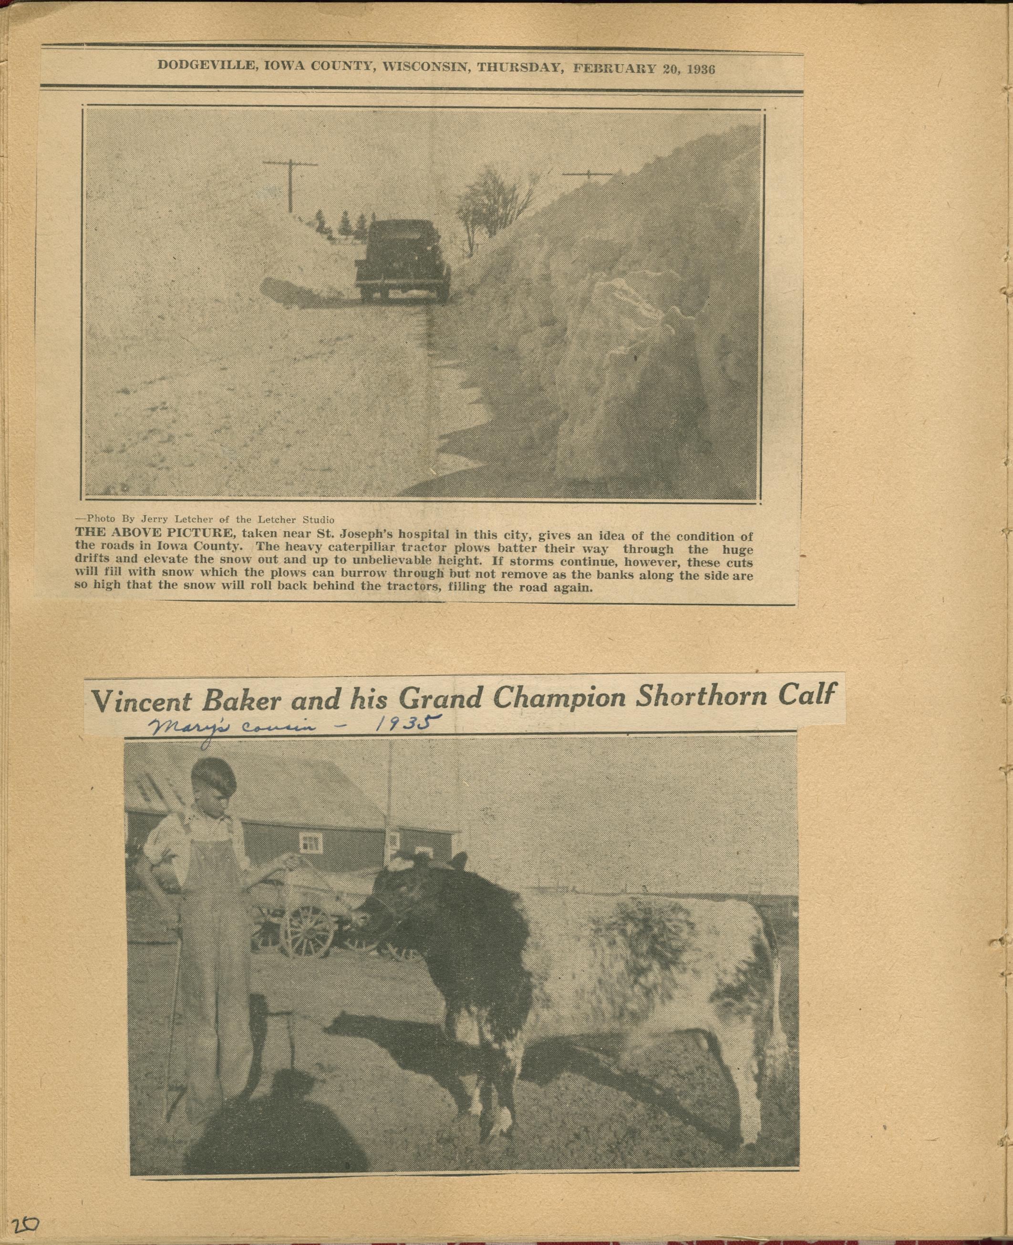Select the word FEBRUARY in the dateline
pyautogui.click(x=614, y=68)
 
